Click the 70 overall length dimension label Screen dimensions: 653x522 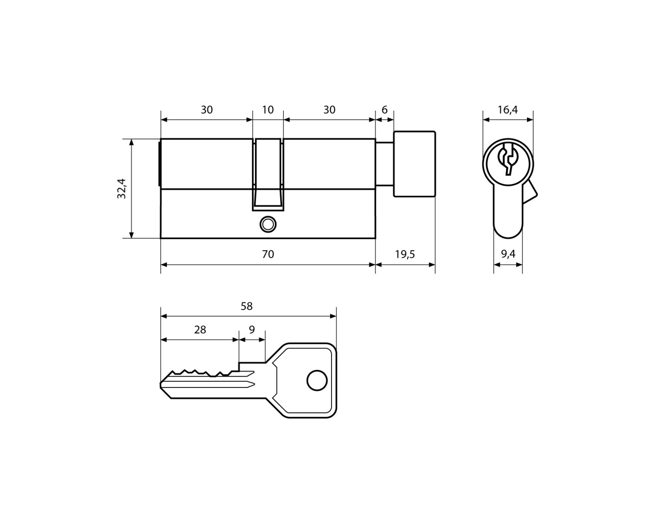coord(268,254)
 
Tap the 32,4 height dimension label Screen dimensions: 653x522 coord(121,189)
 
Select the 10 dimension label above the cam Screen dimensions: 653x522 coord(268,110)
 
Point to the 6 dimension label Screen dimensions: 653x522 coord(385,110)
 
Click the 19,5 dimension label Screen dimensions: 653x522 coord(405,254)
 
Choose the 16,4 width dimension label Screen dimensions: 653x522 coord(508,110)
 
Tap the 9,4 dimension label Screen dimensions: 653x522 coord(508,254)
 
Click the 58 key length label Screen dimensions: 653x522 coord(246,306)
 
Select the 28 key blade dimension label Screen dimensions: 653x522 coord(200,330)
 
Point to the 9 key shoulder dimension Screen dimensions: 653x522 coord(252,330)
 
